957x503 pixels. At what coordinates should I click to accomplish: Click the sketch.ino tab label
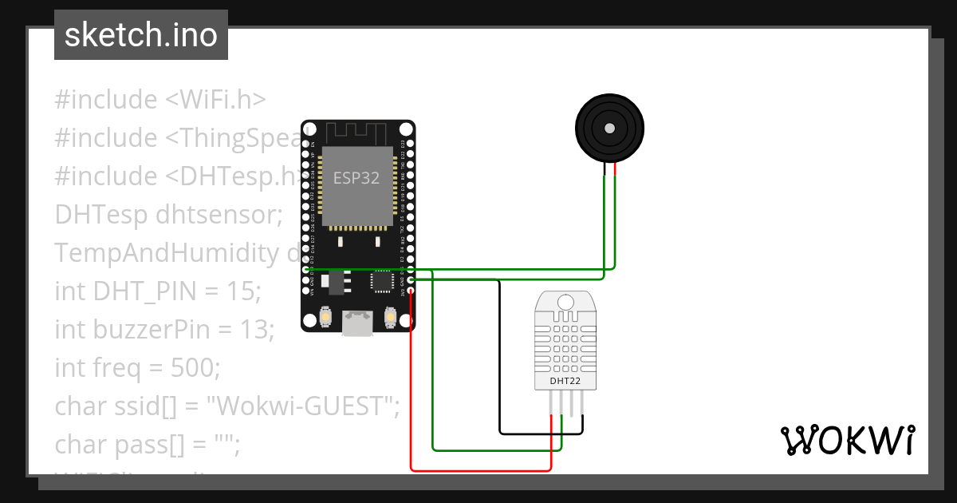(x=141, y=36)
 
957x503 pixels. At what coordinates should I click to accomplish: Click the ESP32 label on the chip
(x=356, y=178)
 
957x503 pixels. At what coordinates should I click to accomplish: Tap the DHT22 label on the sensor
(x=565, y=382)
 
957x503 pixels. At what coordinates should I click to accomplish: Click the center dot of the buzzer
(x=610, y=128)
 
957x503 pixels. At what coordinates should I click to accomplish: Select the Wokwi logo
(x=847, y=440)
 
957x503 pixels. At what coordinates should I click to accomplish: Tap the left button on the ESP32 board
(x=325, y=317)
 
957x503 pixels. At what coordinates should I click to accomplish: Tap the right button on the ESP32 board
(x=391, y=317)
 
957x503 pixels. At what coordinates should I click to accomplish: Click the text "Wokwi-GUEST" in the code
(x=301, y=406)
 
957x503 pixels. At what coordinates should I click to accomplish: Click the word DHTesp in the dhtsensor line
(x=101, y=215)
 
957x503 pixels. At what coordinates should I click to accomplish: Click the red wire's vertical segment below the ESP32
(x=411, y=383)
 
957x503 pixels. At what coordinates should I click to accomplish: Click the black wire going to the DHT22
(x=500, y=359)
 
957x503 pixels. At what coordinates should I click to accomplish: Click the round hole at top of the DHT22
(x=565, y=302)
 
